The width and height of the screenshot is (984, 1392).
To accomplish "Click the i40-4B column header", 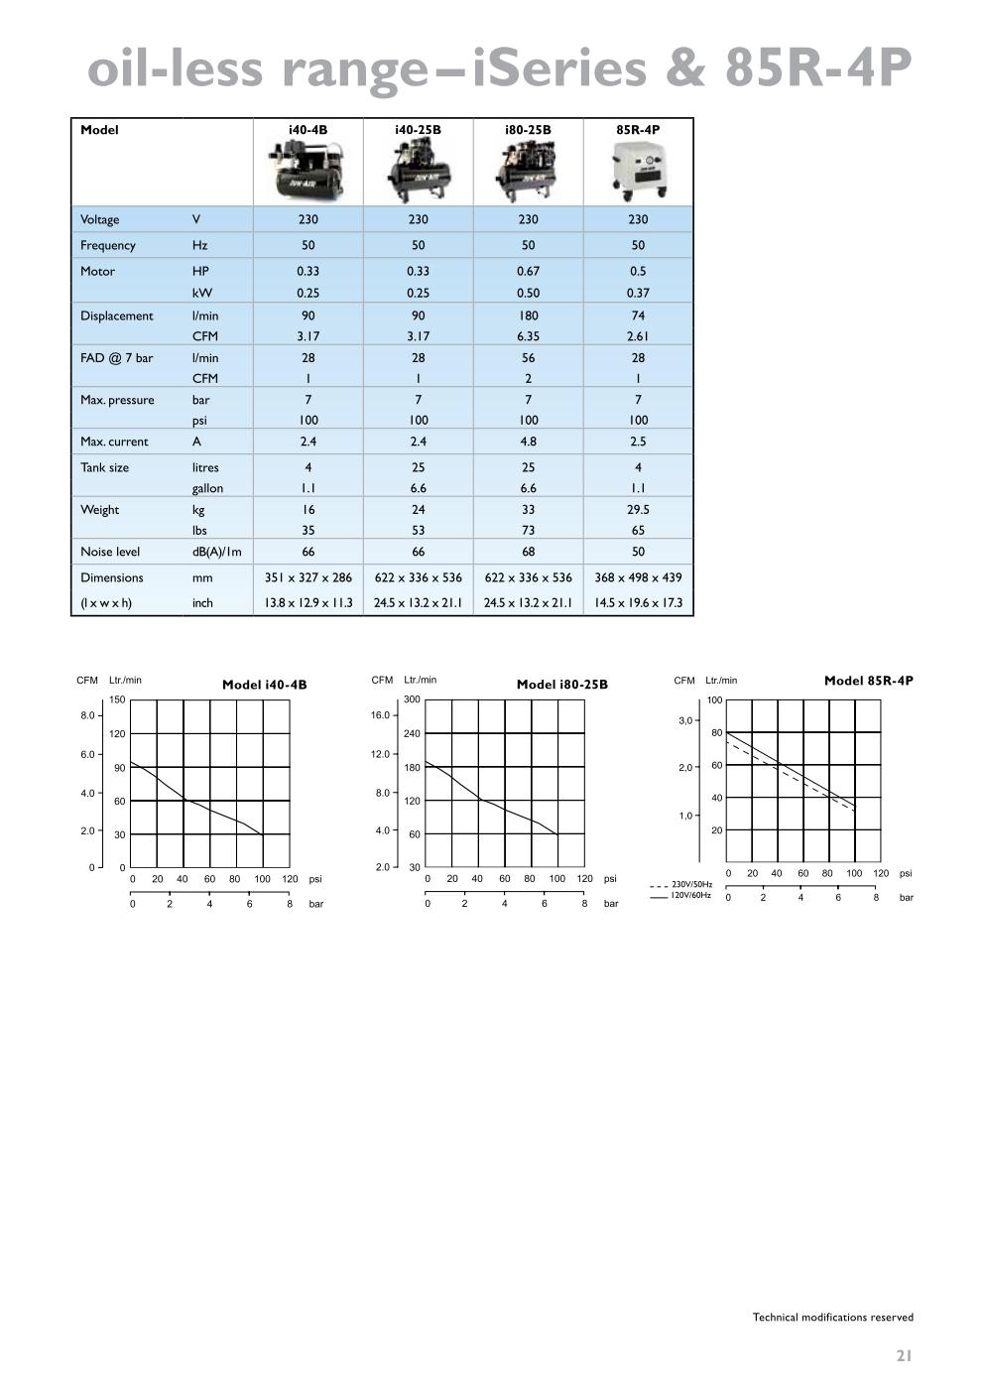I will click(x=307, y=130).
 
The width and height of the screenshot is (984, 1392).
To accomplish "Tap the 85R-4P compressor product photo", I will click(x=638, y=172).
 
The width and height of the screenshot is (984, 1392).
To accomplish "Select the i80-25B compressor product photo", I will click(x=528, y=172).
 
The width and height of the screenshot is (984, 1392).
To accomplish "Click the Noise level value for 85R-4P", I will click(x=638, y=552).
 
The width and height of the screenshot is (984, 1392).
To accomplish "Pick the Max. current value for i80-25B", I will click(x=528, y=442).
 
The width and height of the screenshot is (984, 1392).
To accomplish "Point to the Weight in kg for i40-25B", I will click(x=418, y=509).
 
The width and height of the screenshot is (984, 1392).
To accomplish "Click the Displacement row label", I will click(x=117, y=316).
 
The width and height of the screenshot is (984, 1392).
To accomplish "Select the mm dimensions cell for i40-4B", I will click(x=307, y=577).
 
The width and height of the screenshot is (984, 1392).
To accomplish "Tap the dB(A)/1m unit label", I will click(x=216, y=552).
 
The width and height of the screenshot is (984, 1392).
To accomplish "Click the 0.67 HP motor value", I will click(x=528, y=271).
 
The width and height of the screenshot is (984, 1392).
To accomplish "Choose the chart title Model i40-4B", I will click(x=264, y=685).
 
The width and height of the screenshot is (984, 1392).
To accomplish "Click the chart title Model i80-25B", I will click(x=561, y=685).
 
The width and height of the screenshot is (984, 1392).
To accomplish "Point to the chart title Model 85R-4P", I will click(x=868, y=681).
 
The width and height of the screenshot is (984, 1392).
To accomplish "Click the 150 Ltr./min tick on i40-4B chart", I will click(x=117, y=700).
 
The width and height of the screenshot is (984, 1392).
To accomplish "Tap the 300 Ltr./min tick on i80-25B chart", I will click(x=412, y=699).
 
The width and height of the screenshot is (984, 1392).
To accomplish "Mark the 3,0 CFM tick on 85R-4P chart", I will click(x=685, y=721).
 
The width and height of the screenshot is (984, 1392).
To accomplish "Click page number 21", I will click(x=903, y=1355).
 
